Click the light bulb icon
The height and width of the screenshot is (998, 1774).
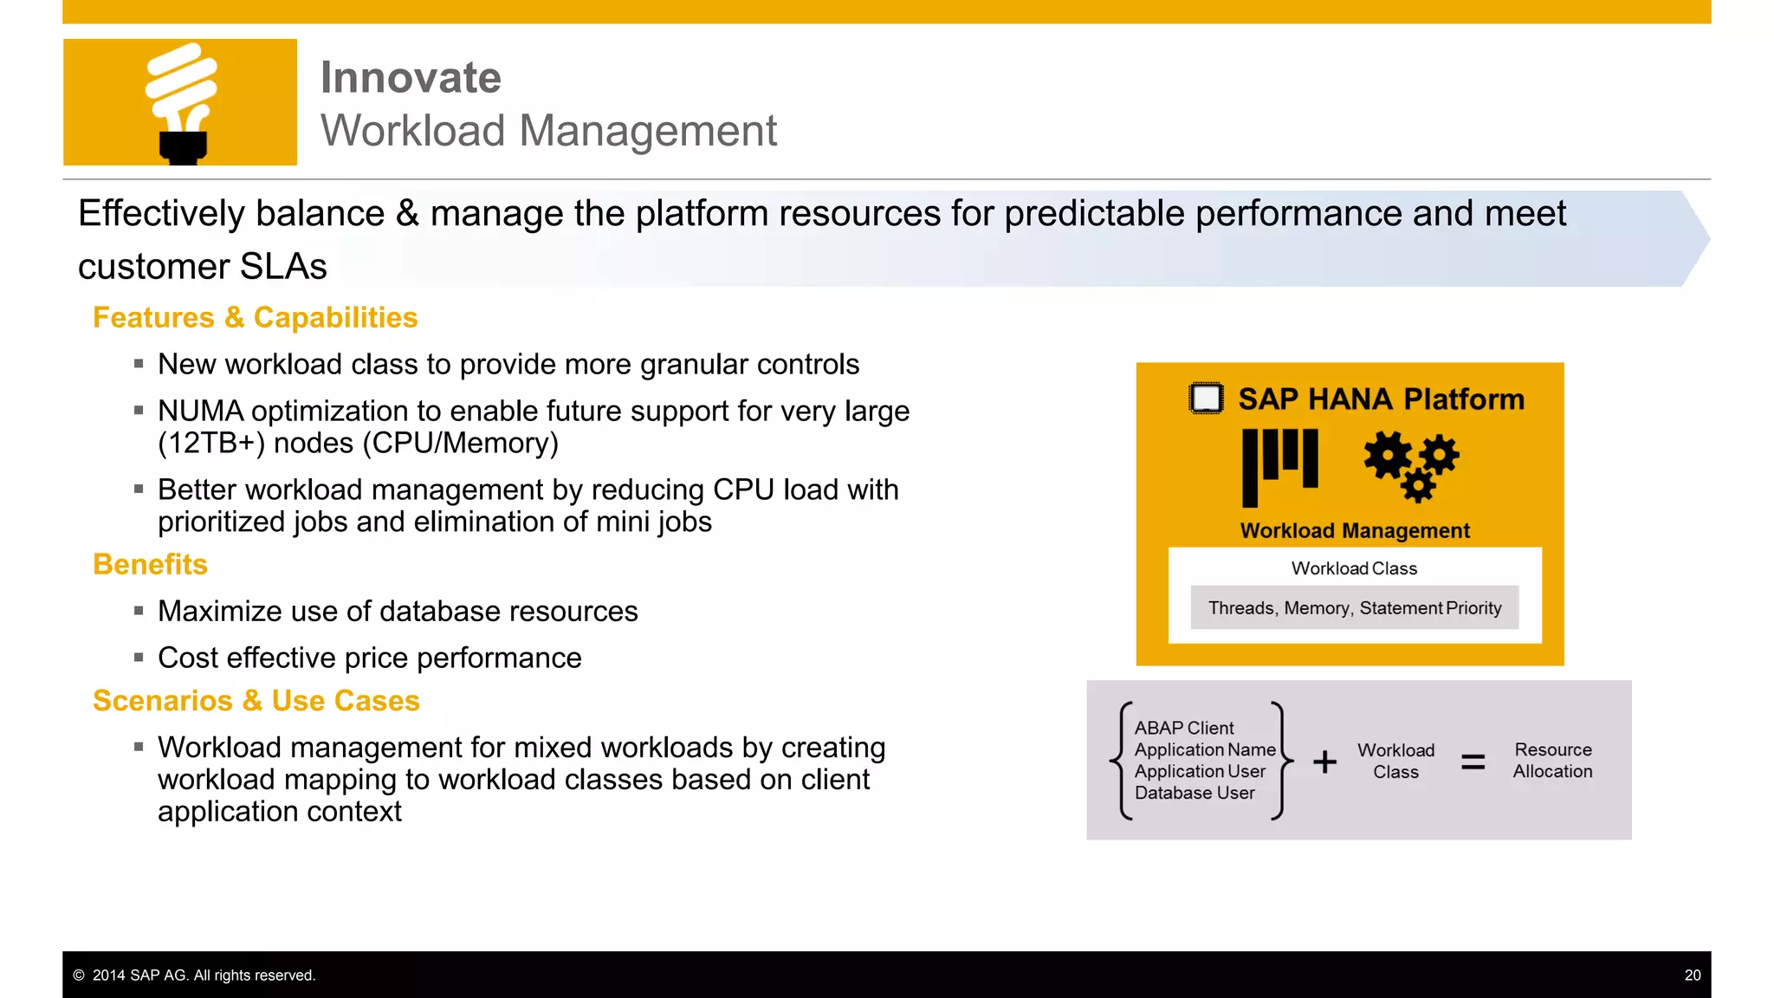click(181, 102)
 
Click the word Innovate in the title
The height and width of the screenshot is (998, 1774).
click(411, 78)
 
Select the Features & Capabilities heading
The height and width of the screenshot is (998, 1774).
click(255, 318)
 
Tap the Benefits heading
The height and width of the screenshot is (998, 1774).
click(150, 565)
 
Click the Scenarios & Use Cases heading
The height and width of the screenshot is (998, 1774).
click(256, 701)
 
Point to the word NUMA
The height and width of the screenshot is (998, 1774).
click(200, 411)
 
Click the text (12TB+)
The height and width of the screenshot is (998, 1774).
click(210, 444)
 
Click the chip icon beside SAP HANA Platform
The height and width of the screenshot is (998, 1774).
click(1206, 399)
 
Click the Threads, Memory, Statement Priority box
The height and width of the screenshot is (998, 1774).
click(1354, 608)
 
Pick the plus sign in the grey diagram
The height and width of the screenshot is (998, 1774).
click(1324, 761)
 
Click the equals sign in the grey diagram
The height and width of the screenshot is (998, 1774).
click(1473, 761)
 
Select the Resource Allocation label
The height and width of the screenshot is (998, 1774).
click(1552, 761)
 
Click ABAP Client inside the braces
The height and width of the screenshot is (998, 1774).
click(1183, 729)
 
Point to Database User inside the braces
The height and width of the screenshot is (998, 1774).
click(1194, 793)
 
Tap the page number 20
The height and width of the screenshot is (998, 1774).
click(1692, 975)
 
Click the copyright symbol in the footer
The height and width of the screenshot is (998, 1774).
click(79, 975)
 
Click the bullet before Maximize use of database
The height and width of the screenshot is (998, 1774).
click(139, 611)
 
